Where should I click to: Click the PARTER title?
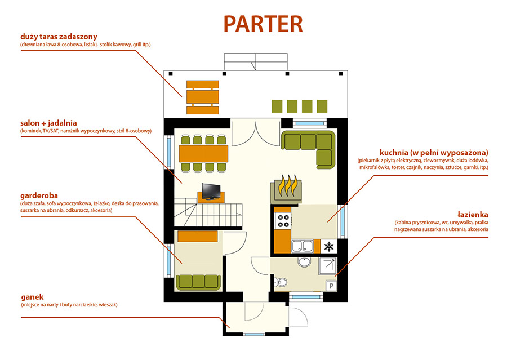coord(263,24)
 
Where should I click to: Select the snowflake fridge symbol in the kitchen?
coord(328,246)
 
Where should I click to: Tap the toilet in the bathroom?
coord(282,283)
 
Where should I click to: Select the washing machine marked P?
coord(331,286)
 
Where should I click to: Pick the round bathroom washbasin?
coord(304,262)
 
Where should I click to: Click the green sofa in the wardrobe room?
coord(198,281)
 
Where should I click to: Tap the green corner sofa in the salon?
coord(309,148)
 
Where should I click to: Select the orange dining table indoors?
coord(203,153)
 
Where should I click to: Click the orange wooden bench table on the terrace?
coord(202,93)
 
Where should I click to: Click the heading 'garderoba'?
coord(38,196)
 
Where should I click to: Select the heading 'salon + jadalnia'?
coord(48,122)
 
